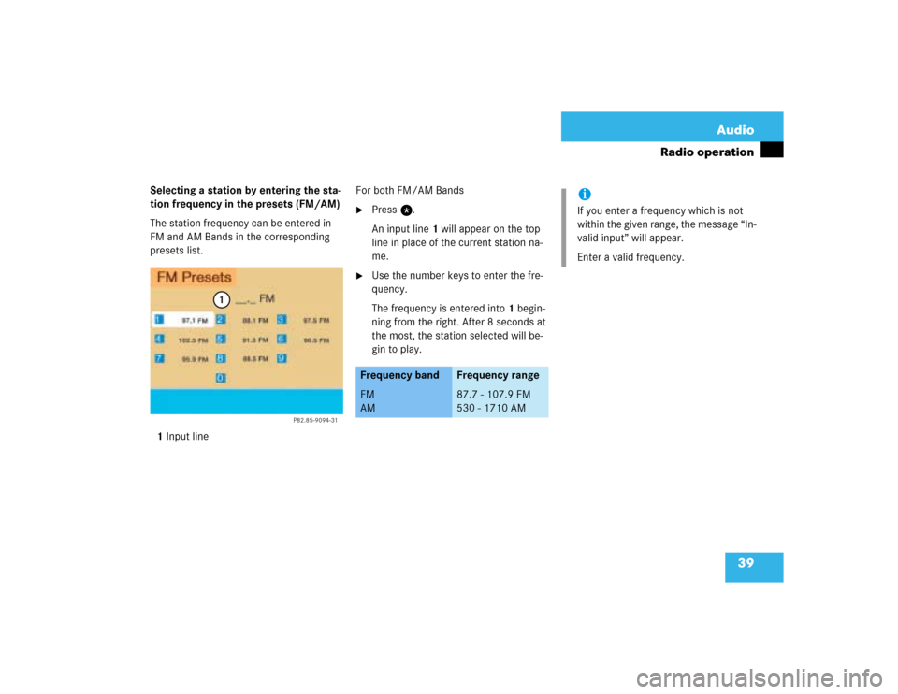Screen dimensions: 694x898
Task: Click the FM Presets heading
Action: click(195, 277)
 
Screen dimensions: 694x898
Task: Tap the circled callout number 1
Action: click(220, 299)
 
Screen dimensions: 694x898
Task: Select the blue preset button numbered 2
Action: click(221, 320)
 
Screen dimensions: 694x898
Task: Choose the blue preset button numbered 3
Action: click(281, 320)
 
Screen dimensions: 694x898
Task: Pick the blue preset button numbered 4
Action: click(159, 340)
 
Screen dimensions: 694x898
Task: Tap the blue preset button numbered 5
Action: click(221, 340)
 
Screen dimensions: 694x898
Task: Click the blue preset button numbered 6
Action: click(281, 340)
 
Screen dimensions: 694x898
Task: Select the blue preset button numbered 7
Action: click(159, 358)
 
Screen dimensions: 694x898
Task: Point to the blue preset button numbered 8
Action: click(221, 358)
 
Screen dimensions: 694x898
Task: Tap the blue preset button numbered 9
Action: click(281, 358)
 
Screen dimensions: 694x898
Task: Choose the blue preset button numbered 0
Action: click(221, 378)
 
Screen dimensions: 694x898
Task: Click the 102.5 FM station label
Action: click(194, 340)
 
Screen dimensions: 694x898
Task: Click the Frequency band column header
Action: click(399, 375)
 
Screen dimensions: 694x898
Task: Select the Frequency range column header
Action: click(498, 375)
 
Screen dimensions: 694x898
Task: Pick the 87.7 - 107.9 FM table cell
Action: click(493, 395)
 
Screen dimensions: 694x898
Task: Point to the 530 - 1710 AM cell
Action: click(491, 408)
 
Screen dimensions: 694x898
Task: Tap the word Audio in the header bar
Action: click(735, 130)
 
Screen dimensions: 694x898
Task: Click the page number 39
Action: click(746, 563)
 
